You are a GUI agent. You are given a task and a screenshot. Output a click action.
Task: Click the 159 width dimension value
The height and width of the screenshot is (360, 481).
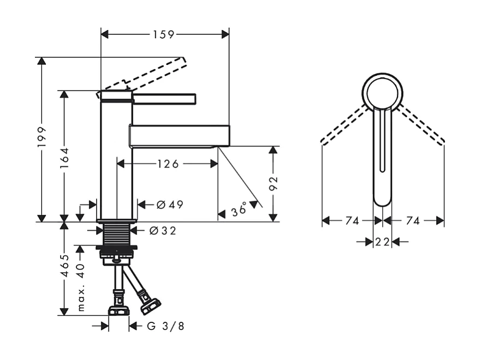[164, 34]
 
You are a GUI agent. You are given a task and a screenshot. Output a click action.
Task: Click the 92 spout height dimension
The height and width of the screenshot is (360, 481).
[274, 183]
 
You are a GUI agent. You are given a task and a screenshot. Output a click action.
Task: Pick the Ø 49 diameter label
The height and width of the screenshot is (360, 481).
[169, 205]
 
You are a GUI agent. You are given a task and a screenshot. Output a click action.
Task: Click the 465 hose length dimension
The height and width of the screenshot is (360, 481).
[64, 266]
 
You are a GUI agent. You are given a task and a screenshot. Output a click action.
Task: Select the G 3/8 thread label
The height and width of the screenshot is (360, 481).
[165, 326]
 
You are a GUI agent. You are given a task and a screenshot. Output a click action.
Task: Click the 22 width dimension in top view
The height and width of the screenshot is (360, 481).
[382, 242]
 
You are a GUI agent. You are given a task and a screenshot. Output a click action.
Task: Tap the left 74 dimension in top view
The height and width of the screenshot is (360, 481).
[352, 221]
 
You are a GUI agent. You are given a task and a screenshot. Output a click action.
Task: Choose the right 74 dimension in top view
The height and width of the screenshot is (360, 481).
[413, 221]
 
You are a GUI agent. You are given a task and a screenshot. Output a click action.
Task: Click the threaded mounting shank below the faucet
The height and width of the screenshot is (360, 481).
[116, 235]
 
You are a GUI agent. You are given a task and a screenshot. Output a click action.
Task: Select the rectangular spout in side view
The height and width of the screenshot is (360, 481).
[179, 136]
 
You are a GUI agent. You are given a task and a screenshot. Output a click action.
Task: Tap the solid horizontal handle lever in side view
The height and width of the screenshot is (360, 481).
[164, 98]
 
